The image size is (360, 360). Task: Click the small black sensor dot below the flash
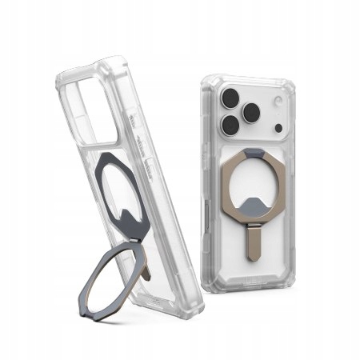275,127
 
